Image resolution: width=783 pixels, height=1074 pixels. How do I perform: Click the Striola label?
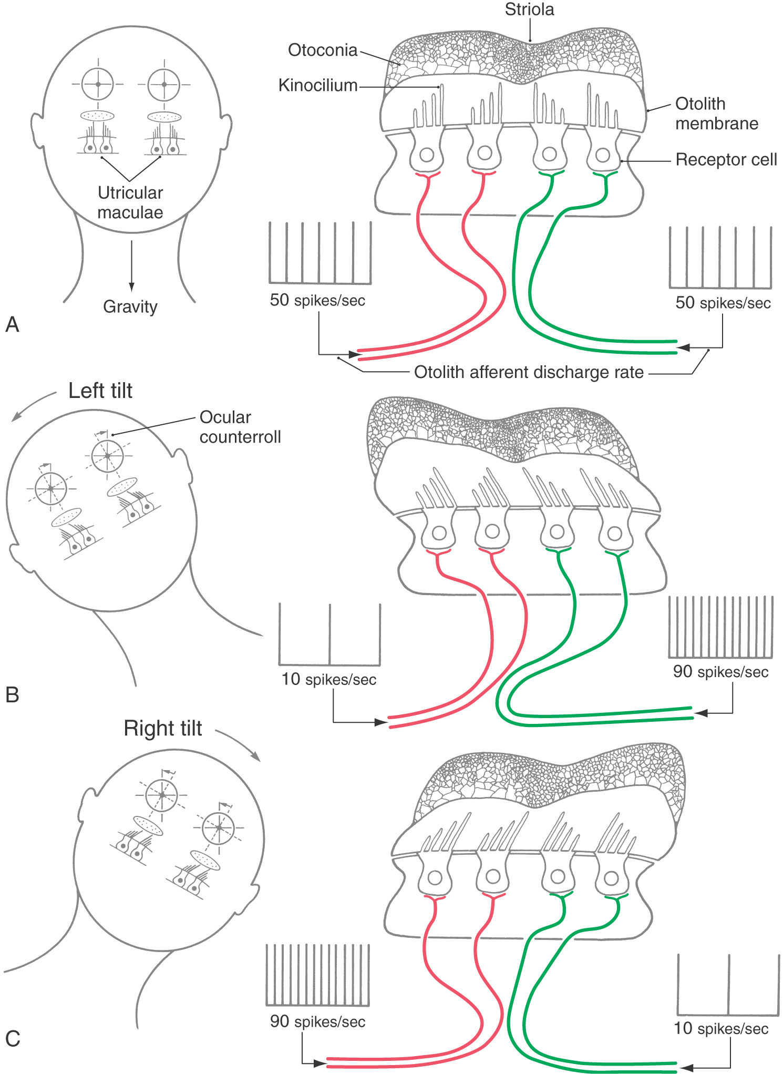(529, 10)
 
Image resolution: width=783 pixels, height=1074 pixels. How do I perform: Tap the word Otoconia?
(323, 50)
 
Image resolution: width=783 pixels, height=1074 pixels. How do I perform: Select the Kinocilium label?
(318, 86)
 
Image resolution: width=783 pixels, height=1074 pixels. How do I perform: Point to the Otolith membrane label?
(716, 114)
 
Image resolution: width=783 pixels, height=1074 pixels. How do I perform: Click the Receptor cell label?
(726, 160)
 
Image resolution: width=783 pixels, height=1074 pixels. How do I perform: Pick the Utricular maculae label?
(130, 202)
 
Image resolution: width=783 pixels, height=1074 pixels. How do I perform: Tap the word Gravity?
(130, 306)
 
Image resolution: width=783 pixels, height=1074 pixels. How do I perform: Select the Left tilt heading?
(100, 391)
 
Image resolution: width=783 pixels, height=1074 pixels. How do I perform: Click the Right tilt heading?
(163, 729)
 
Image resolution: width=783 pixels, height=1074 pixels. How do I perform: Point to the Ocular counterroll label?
(240, 427)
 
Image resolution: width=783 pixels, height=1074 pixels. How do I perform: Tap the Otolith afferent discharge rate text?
(529, 372)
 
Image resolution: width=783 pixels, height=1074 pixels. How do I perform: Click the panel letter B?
(12, 695)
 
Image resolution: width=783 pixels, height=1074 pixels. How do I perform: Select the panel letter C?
(13, 1039)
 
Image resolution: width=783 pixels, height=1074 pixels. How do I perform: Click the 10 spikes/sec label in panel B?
(329, 679)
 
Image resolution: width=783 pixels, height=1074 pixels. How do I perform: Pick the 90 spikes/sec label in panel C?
(317, 1021)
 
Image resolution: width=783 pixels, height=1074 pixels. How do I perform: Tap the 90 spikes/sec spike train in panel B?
(720, 627)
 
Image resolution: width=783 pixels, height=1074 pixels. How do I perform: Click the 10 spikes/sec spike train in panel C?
(728, 985)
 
